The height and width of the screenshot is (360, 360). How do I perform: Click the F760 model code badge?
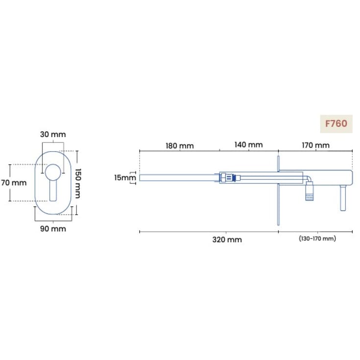pyautogui.click(x=336, y=124)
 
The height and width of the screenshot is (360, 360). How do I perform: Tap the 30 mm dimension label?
pyautogui.click(x=53, y=134)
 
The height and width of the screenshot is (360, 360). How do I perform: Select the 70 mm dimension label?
pyautogui.click(x=14, y=183)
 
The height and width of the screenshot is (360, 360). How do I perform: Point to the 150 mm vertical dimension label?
pyautogui.click(x=78, y=183)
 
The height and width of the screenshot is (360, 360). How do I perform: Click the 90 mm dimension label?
pyautogui.click(x=53, y=229)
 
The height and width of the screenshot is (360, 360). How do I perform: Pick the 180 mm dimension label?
pyautogui.click(x=180, y=145)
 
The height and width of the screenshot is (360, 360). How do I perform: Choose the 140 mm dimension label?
pyautogui.click(x=249, y=144)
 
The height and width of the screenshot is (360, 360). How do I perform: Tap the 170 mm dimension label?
pyautogui.click(x=316, y=145)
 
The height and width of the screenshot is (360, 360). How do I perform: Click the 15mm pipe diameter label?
pyautogui.click(x=125, y=177)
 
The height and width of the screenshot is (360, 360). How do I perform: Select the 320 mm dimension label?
pyautogui.click(x=227, y=240)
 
